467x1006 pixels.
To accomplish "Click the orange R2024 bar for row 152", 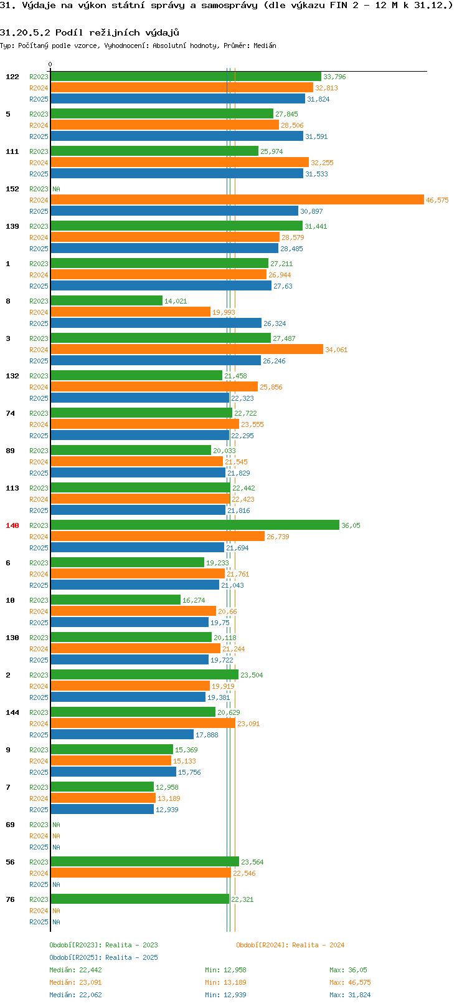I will click(x=237, y=199).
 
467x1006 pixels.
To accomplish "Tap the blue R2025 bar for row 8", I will click(x=156, y=323).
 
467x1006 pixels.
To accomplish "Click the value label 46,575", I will click(x=437, y=200).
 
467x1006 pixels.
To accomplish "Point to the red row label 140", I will click(x=12, y=525).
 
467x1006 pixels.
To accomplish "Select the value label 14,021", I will click(x=176, y=301).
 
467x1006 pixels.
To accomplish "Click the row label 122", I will click(x=12, y=77).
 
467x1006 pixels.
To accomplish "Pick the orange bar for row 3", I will click(x=187, y=349).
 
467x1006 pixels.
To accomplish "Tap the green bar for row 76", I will click(x=139, y=899).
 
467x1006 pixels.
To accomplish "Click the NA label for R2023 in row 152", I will click(x=56, y=189).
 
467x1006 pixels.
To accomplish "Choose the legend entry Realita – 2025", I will click(x=103, y=957).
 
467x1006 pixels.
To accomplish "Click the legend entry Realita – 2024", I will click(x=290, y=945).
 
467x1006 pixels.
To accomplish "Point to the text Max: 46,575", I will click(x=350, y=982).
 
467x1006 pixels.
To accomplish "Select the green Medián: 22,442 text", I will click(x=75, y=970).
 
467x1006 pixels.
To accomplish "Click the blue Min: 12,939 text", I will click(x=225, y=995).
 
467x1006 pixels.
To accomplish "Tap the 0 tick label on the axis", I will click(x=50, y=64).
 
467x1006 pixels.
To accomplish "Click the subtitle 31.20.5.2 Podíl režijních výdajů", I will click(x=89, y=32).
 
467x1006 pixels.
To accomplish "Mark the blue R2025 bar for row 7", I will click(x=102, y=809).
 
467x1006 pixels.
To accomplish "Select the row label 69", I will click(x=10, y=825).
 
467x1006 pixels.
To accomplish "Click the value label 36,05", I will click(x=351, y=525).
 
